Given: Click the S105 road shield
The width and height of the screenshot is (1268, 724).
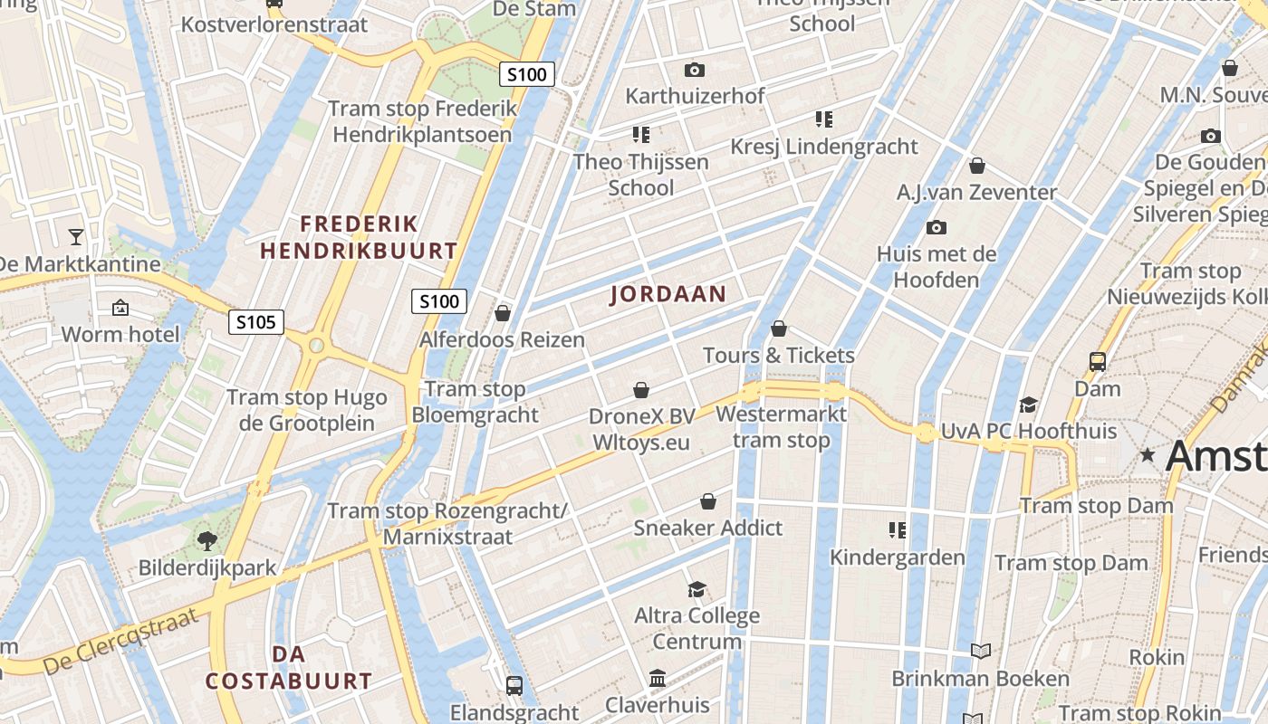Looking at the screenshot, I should (256, 321).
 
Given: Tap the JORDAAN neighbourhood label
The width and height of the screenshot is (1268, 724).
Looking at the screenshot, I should (668, 293).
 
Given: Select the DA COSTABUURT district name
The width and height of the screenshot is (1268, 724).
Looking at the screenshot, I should (289, 668).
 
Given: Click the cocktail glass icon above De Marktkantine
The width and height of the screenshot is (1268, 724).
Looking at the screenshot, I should (76, 237).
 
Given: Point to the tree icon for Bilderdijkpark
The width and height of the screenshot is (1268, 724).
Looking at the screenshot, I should (207, 541).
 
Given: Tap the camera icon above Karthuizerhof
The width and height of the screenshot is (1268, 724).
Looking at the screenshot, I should (695, 70).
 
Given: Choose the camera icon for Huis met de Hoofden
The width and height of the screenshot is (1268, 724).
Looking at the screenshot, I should (937, 227).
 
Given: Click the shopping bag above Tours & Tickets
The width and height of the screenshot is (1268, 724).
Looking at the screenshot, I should (779, 329).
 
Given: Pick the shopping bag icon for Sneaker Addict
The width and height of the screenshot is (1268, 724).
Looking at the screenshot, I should (708, 501).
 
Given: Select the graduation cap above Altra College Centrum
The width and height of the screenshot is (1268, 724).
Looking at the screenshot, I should (696, 590).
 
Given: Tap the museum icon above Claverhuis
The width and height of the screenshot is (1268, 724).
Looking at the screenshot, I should (658, 678).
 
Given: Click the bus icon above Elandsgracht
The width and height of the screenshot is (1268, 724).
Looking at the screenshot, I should (514, 685).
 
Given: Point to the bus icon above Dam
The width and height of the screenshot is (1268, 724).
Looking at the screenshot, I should (1098, 362).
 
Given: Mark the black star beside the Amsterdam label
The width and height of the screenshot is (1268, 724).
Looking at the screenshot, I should (1148, 454).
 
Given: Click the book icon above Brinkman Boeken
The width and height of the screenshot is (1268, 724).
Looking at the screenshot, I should (981, 651).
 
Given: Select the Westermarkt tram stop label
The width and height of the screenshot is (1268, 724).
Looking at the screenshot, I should (781, 427).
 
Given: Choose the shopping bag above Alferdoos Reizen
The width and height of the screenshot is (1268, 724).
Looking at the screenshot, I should (503, 313).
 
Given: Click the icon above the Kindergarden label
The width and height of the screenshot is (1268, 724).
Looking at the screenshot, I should (898, 529).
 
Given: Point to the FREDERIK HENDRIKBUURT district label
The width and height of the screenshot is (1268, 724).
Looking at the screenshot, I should (359, 237).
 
